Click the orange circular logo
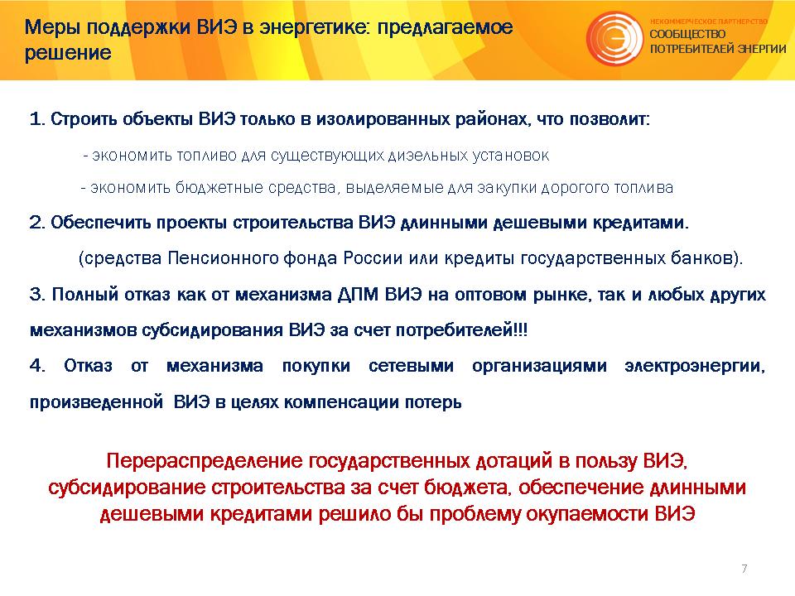coord(614,39)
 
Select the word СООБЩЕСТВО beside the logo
coord(687,35)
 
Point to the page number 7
coord(744,568)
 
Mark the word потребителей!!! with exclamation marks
coord(461,330)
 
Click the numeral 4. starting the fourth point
coord(37,365)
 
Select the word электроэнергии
coord(695,366)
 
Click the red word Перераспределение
coord(205,461)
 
